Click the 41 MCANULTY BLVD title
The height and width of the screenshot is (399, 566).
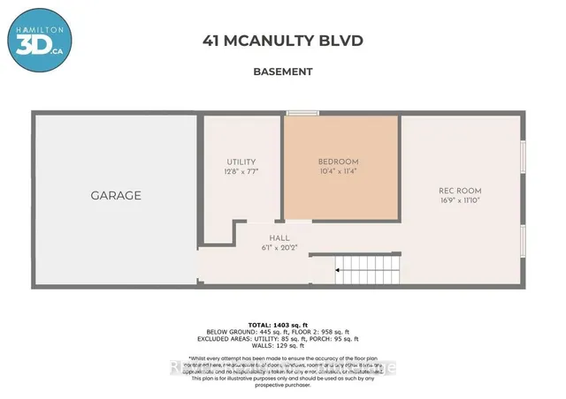[283, 41]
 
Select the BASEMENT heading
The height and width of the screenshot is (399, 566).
[283, 72]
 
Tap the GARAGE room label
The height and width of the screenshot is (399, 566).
[116, 195]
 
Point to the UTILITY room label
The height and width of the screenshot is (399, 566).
[241, 162]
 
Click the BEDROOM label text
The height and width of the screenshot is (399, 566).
[339, 162]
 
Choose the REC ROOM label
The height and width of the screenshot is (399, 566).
[460, 191]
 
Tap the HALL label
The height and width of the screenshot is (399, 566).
[279, 237]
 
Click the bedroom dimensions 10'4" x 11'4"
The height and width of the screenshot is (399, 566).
[339, 171]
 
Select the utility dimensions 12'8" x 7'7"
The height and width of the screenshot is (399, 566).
[241, 171]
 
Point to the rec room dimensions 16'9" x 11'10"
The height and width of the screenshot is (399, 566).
[460, 200]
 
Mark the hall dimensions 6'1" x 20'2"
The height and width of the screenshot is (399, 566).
[279, 247]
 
